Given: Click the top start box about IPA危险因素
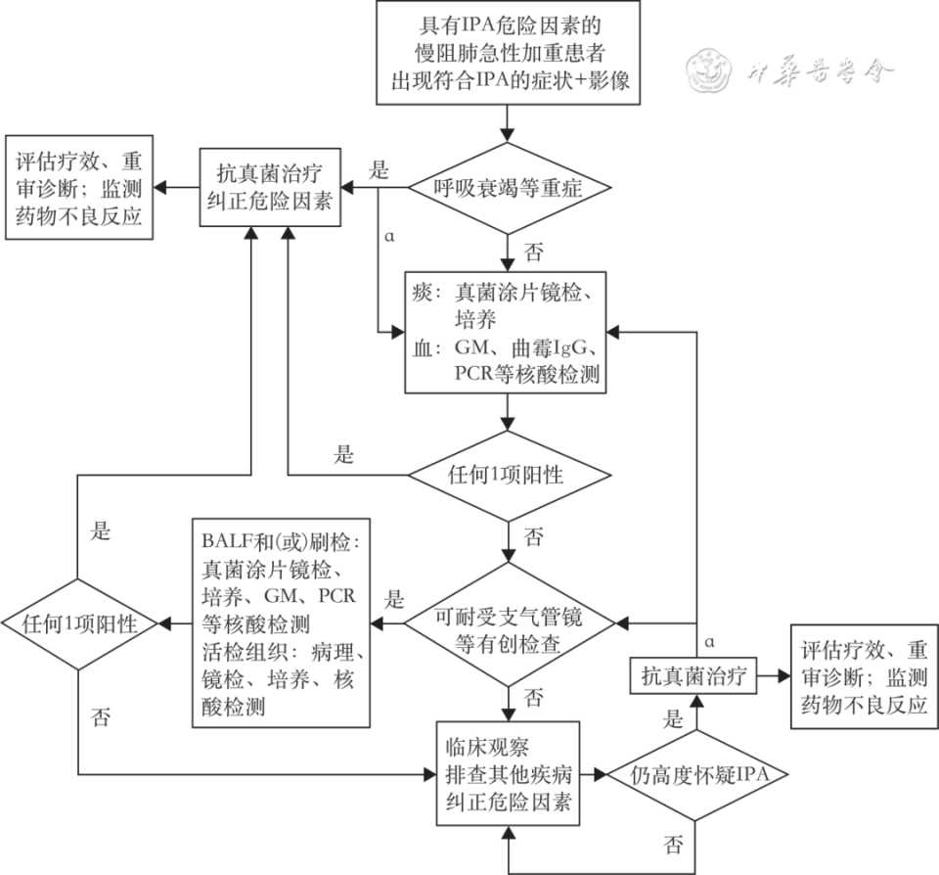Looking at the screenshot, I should pyautogui.click(x=509, y=53).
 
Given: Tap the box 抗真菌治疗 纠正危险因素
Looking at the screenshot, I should pyautogui.click(x=273, y=188).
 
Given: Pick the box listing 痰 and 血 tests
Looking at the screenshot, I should pyautogui.click(x=509, y=333).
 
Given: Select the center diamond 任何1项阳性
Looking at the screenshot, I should pyautogui.click(x=509, y=477).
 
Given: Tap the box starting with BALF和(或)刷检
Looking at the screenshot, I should pyautogui.click(x=282, y=624).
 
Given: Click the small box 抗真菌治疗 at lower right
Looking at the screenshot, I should pyautogui.click(x=693, y=675).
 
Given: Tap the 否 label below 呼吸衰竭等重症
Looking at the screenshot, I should pyautogui.click(x=533, y=252).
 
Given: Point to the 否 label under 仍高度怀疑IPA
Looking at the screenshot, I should pyautogui.click(x=673, y=844).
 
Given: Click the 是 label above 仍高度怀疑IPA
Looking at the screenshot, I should pyautogui.click(x=673, y=720).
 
